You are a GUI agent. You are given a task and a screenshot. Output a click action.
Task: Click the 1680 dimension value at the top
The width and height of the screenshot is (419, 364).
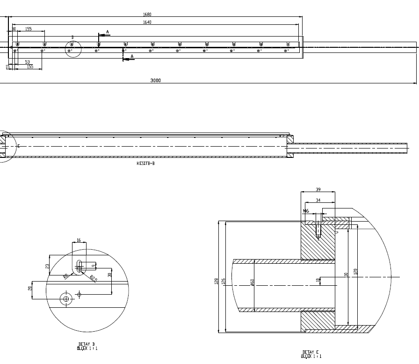click(147, 15)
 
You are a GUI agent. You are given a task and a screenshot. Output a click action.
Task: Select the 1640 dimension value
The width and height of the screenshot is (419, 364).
click(147, 22)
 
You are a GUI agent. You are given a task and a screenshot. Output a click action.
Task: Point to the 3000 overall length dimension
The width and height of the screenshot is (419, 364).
click(155, 81)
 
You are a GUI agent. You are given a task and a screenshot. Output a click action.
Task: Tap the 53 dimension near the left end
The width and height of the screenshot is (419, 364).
click(27, 62)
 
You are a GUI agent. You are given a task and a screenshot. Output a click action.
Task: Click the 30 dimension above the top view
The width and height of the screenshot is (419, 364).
click(14, 29)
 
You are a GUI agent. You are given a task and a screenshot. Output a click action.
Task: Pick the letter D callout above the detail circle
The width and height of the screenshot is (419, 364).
click(72, 37)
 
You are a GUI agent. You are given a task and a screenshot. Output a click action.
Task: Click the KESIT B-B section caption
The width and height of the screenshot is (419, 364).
click(145, 164)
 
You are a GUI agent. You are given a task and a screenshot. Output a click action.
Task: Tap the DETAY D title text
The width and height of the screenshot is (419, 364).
click(87, 344)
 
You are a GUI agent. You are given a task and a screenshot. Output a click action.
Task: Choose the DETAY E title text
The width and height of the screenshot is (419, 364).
click(311, 352)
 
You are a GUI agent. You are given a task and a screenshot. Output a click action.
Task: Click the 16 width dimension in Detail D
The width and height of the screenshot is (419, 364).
click(79, 240)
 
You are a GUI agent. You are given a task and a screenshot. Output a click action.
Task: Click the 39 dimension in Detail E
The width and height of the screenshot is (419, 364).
click(318, 189)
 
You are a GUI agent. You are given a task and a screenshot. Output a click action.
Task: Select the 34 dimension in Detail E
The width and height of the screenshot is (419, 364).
click(318, 201)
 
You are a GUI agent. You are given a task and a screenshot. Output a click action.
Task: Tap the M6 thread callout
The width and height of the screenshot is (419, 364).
click(306, 211)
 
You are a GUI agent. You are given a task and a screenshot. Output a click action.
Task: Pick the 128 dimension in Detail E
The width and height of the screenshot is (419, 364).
click(217, 281)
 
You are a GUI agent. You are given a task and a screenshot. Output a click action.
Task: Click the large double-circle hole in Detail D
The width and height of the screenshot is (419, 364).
click(66, 298)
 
